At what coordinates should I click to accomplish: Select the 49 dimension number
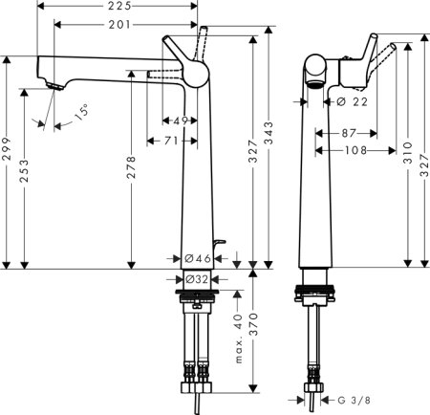(x=181, y=120)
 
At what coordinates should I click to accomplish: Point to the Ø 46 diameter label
(x=198, y=258)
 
